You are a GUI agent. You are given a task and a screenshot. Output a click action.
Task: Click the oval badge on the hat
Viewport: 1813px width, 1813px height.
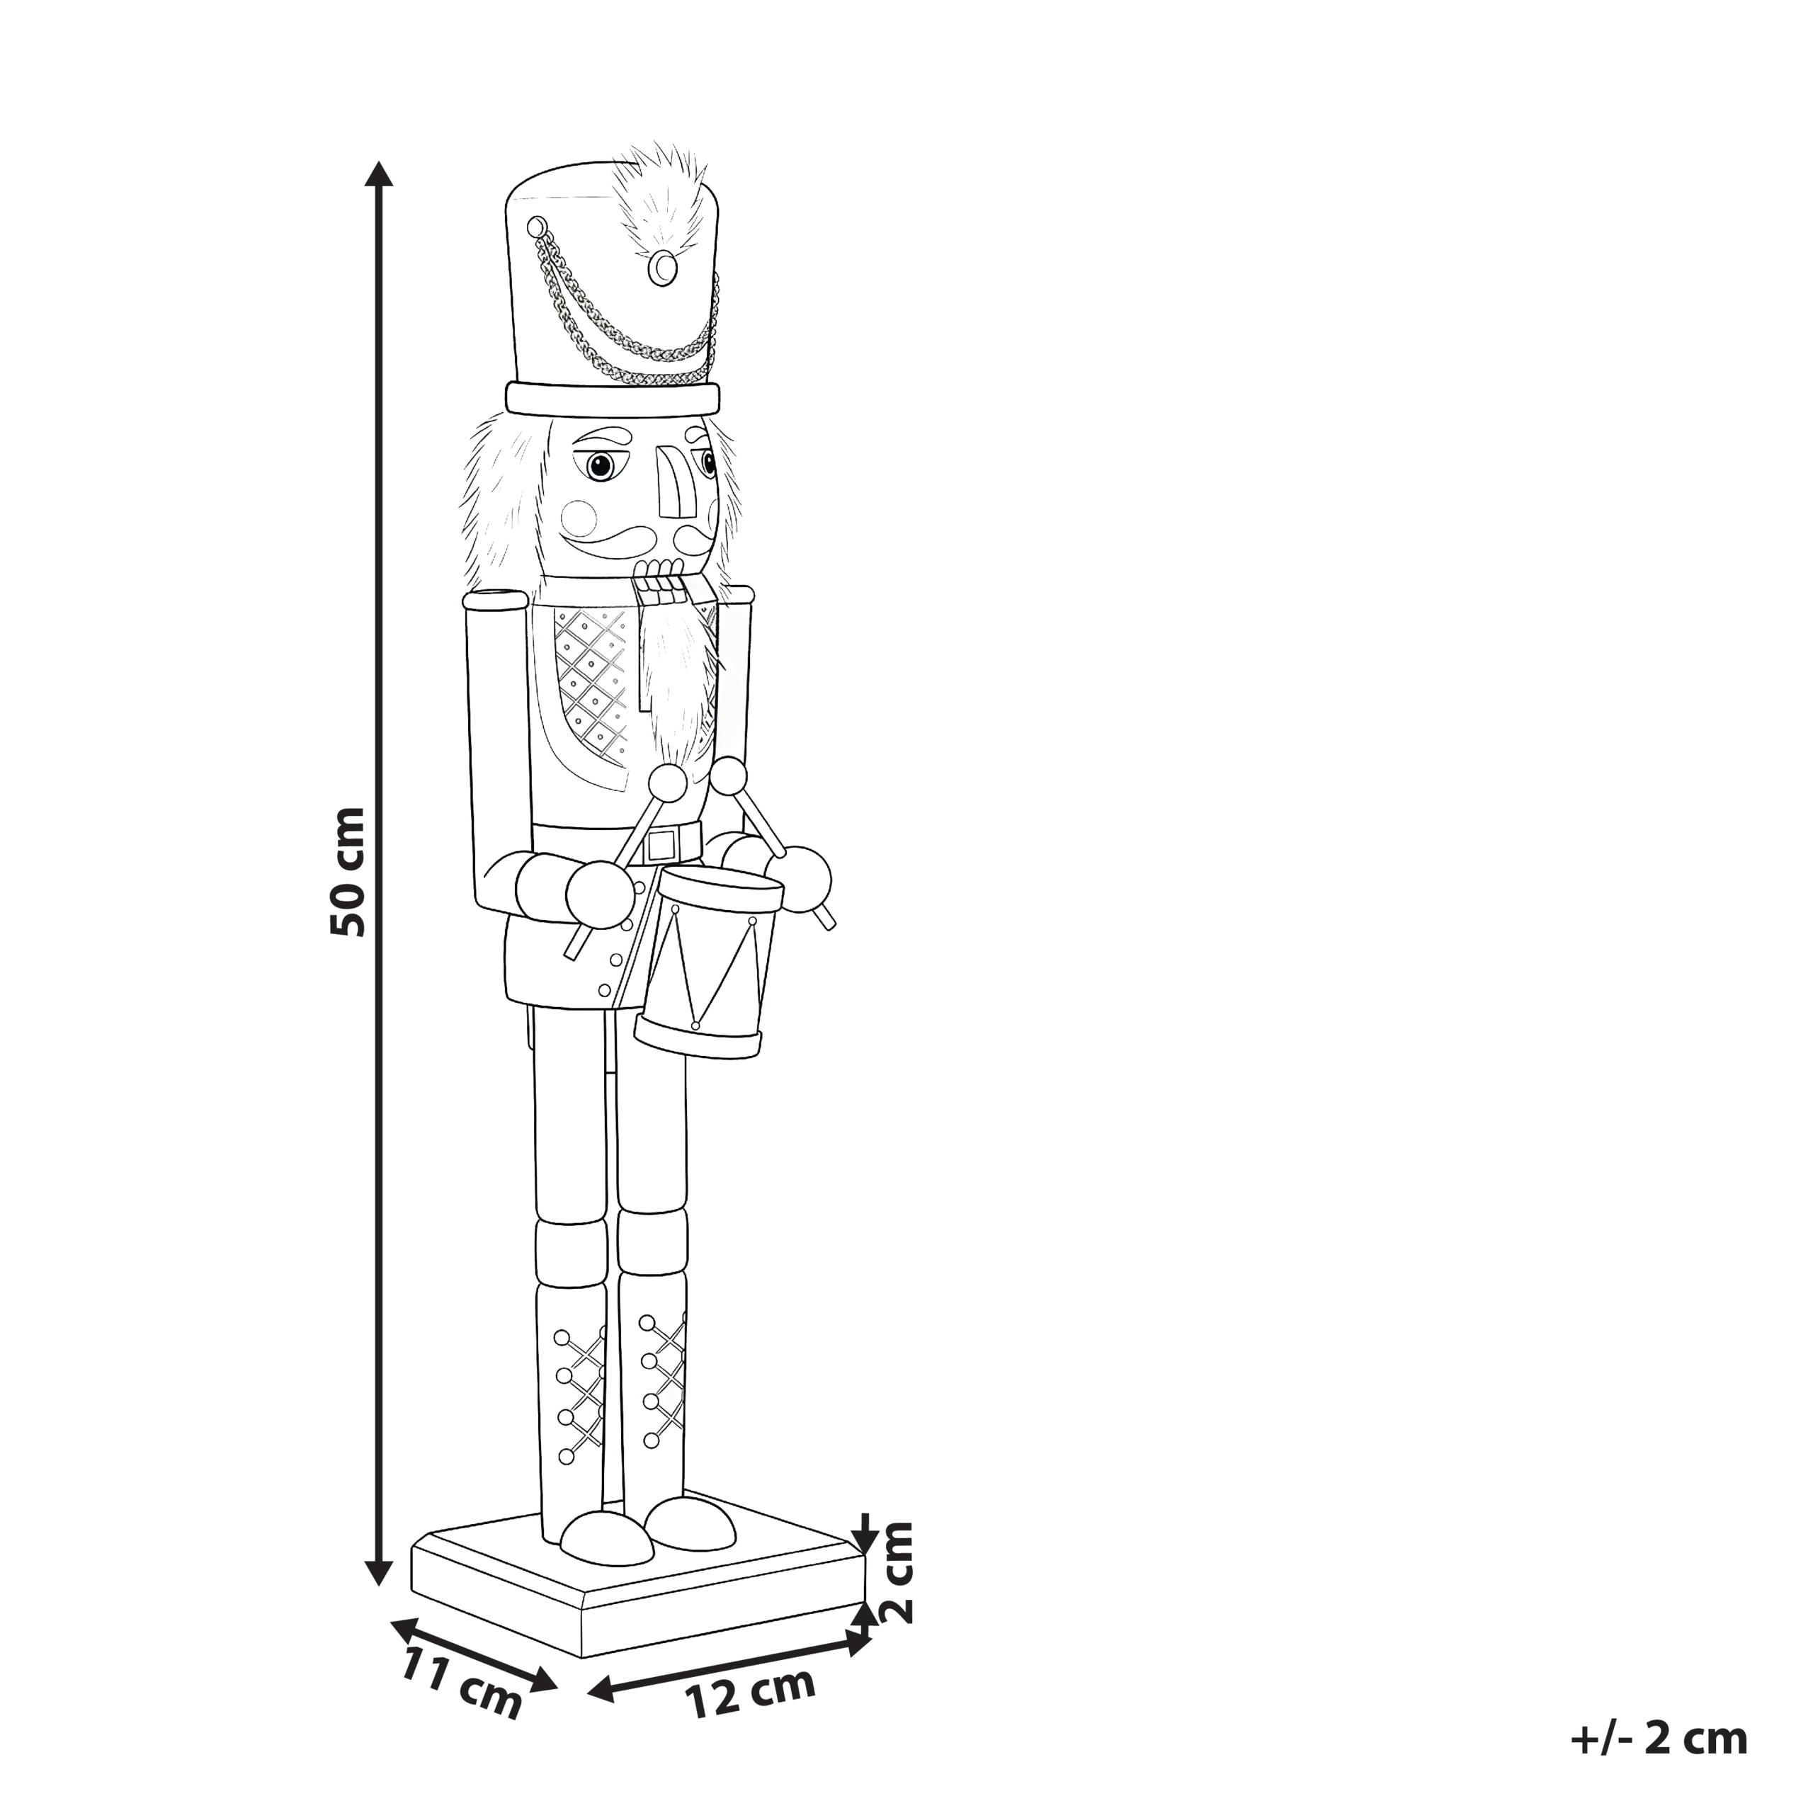(665, 269)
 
